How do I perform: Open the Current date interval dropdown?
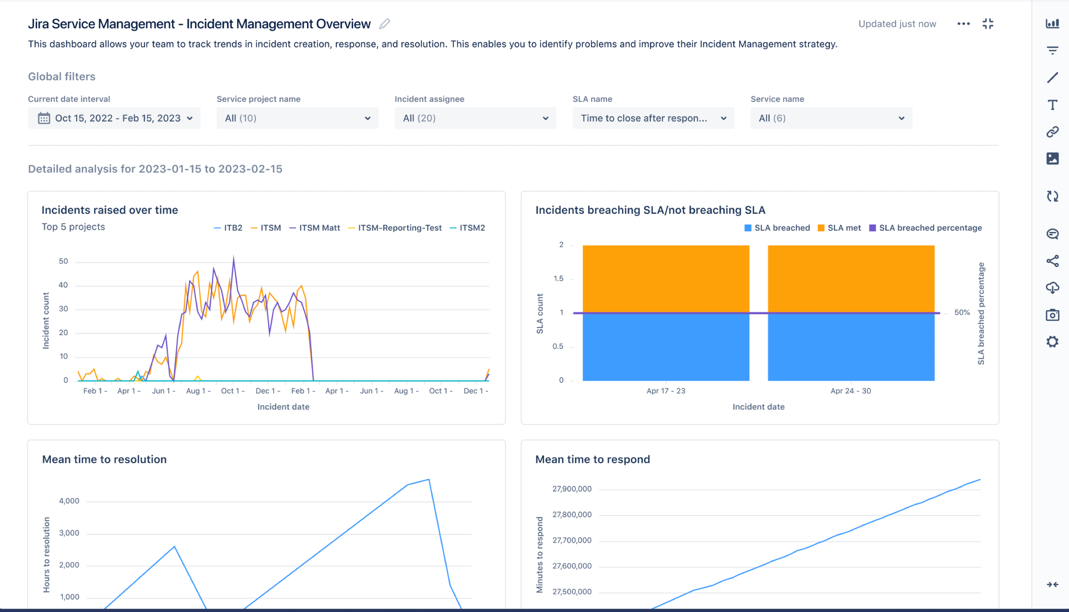tap(114, 118)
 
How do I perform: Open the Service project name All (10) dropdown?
tap(297, 118)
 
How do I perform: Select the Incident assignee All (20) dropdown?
tap(475, 118)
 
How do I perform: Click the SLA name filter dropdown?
tap(653, 118)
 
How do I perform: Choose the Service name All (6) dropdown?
tap(831, 118)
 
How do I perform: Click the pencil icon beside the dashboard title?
tap(384, 24)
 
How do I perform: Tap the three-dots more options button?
tap(963, 24)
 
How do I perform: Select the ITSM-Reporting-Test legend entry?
tap(395, 228)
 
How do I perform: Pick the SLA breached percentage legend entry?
tap(926, 228)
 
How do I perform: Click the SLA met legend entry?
tap(839, 228)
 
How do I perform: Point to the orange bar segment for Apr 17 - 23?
tap(666, 279)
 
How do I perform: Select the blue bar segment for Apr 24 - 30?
tap(851, 347)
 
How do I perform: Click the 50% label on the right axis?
tap(962, 312)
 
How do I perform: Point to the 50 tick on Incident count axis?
tap(63, 261)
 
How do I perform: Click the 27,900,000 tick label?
tap(572, 489)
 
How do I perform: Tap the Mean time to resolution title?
tap(104, 459)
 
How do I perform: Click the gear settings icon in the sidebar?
tap(1052, 342)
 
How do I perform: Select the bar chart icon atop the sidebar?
tap(1052, 24)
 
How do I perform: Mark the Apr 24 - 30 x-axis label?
tap(850, 391)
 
